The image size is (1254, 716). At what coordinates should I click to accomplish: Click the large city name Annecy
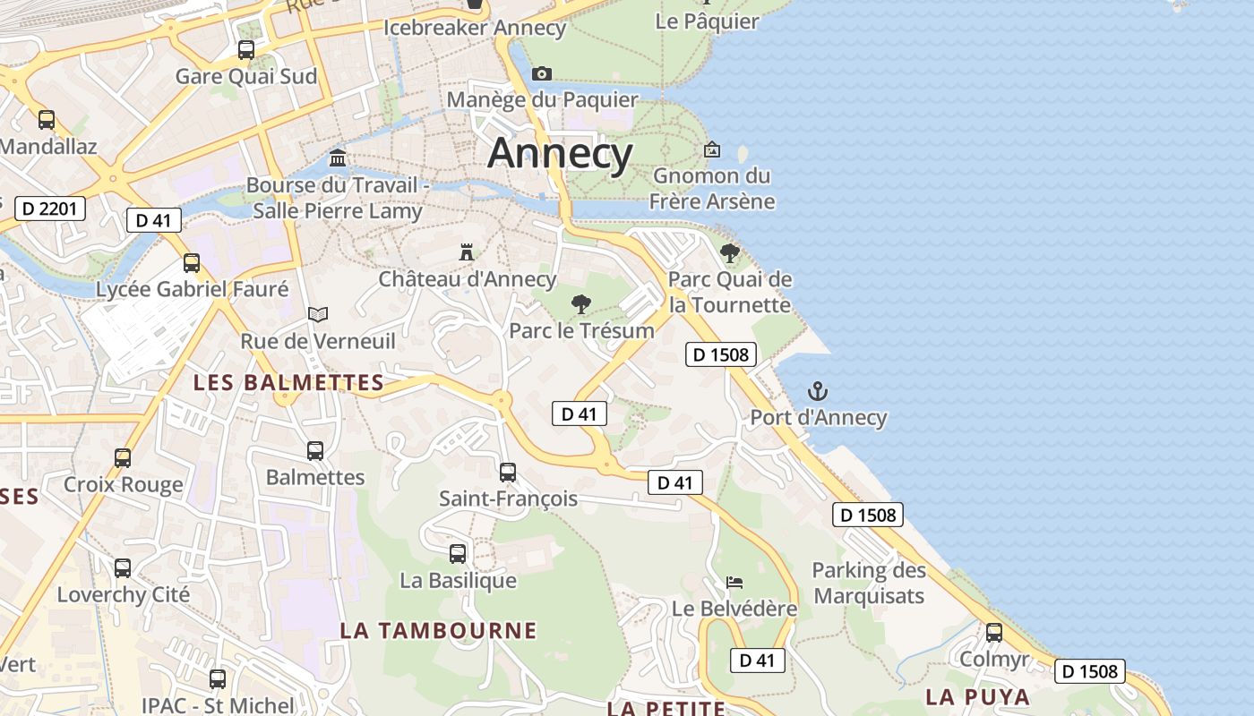[x=560, y=153]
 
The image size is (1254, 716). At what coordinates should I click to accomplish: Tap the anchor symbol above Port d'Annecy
[x=817, y=391]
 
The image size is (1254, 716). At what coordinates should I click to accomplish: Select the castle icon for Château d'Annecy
[x=467, y=252]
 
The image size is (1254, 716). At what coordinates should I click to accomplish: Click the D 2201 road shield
[x=50, y=209]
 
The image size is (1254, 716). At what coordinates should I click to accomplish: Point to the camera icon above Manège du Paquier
[x=541, y=73]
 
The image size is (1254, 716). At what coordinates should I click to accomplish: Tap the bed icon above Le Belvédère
[x=734, y=583]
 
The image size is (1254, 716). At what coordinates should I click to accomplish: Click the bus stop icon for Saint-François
[x=508, y=472]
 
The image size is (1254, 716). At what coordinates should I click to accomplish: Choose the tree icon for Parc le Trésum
[x=581, y=304]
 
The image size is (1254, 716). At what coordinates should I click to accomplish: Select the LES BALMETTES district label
[x=289, y=383]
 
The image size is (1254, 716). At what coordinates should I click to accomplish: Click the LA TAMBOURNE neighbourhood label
[x=438, y=630]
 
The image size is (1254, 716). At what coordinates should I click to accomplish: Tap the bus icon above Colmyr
[x=994, y=633]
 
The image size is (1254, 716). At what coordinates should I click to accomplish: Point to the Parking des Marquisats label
[x=869, y=583]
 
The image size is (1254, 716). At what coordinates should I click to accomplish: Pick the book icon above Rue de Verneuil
[x=318, y=314]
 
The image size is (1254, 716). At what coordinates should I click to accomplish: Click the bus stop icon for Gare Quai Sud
[x=246, y=50]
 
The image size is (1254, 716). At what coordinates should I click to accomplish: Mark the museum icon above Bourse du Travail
[x=338, y=158]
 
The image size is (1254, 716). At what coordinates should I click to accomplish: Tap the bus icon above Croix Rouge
[x=123, y=458]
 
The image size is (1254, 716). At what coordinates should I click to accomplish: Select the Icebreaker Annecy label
[x=475, y=28]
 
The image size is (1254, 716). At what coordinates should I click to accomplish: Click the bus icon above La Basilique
[x=458, y=554]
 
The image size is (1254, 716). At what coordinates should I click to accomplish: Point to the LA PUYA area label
[x=977, y=696]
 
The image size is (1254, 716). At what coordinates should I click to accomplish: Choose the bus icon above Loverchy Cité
[x=123, y=568]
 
